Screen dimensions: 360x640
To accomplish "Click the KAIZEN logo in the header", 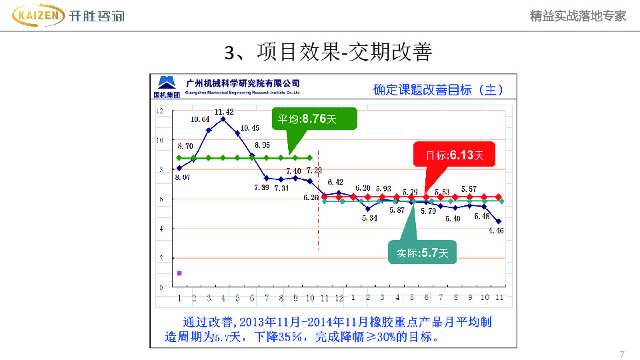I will pyautogui.click(x=39, y=15).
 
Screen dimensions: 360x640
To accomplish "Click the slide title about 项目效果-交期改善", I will pyautogui.click(x=328, y=52).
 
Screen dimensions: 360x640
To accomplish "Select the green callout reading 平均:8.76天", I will pyautogui.click(x=315, y=119).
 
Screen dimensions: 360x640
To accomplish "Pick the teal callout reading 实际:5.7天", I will pyautogui.click(x=423, y=253).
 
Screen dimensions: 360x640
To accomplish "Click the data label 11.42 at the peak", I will pyautogui.click(x=224, y=111).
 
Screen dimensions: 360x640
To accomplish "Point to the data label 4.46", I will pyautogui.click(x=496, y=231).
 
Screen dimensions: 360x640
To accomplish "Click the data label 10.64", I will pyautogui.click(x=200, y=119).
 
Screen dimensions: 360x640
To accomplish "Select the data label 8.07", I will pyautogui.click(x=183, y=177).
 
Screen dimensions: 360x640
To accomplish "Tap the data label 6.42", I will pyautogui.click(x=335, y=182).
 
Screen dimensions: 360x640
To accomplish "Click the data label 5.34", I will pyautogui.click(x=370, y=217).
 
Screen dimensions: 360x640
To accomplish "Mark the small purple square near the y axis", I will pyautogui.click(x=179, y=273).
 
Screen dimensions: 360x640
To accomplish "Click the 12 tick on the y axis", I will pyautogui.click(x=160, y=111).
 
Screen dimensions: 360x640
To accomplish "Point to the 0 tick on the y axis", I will pyautogui.click(x=160, y=287).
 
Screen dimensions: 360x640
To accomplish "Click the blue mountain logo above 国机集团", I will pyautogui.click(x=166, y=83).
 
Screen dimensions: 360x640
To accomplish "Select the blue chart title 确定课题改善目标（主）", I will pyautogui.click(x=438, y=90).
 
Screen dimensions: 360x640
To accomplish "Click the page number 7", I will pyautogui.click(x=622, y=353).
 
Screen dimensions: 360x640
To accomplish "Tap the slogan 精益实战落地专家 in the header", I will pyautogui.click(x=578, y=16).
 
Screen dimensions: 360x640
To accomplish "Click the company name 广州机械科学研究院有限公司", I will pyautogui.click(x=243, y=83).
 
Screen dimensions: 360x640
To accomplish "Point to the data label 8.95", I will pyautogui.click(x=261, y=145).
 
